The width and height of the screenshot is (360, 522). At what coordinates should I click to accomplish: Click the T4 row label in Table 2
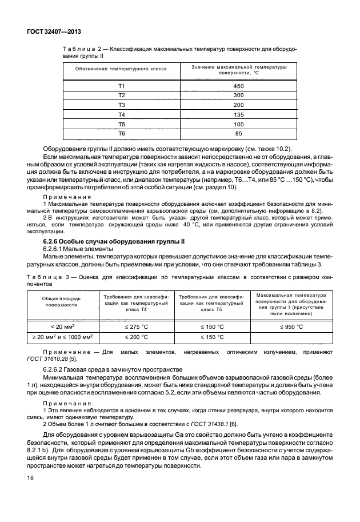(121, 114)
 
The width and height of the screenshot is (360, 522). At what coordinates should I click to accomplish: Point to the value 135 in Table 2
(238, 114)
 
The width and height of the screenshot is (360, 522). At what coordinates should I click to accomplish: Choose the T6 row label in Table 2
(121, 134)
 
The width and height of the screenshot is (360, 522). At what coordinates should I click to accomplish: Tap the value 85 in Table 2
(238, 134)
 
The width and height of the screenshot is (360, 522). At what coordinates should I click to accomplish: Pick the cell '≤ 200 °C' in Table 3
(136, 337)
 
